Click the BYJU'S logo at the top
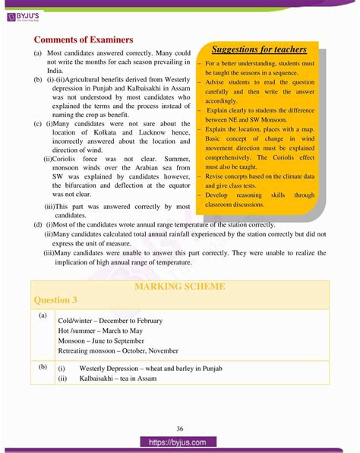point(31,13)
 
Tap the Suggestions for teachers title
point(259,49)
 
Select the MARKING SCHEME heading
point(179,286)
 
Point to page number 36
point(179,427)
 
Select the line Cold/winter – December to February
point(110,321)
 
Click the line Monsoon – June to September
point(105,341)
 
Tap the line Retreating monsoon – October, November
point(118,351)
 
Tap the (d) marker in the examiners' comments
point(38,225)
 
